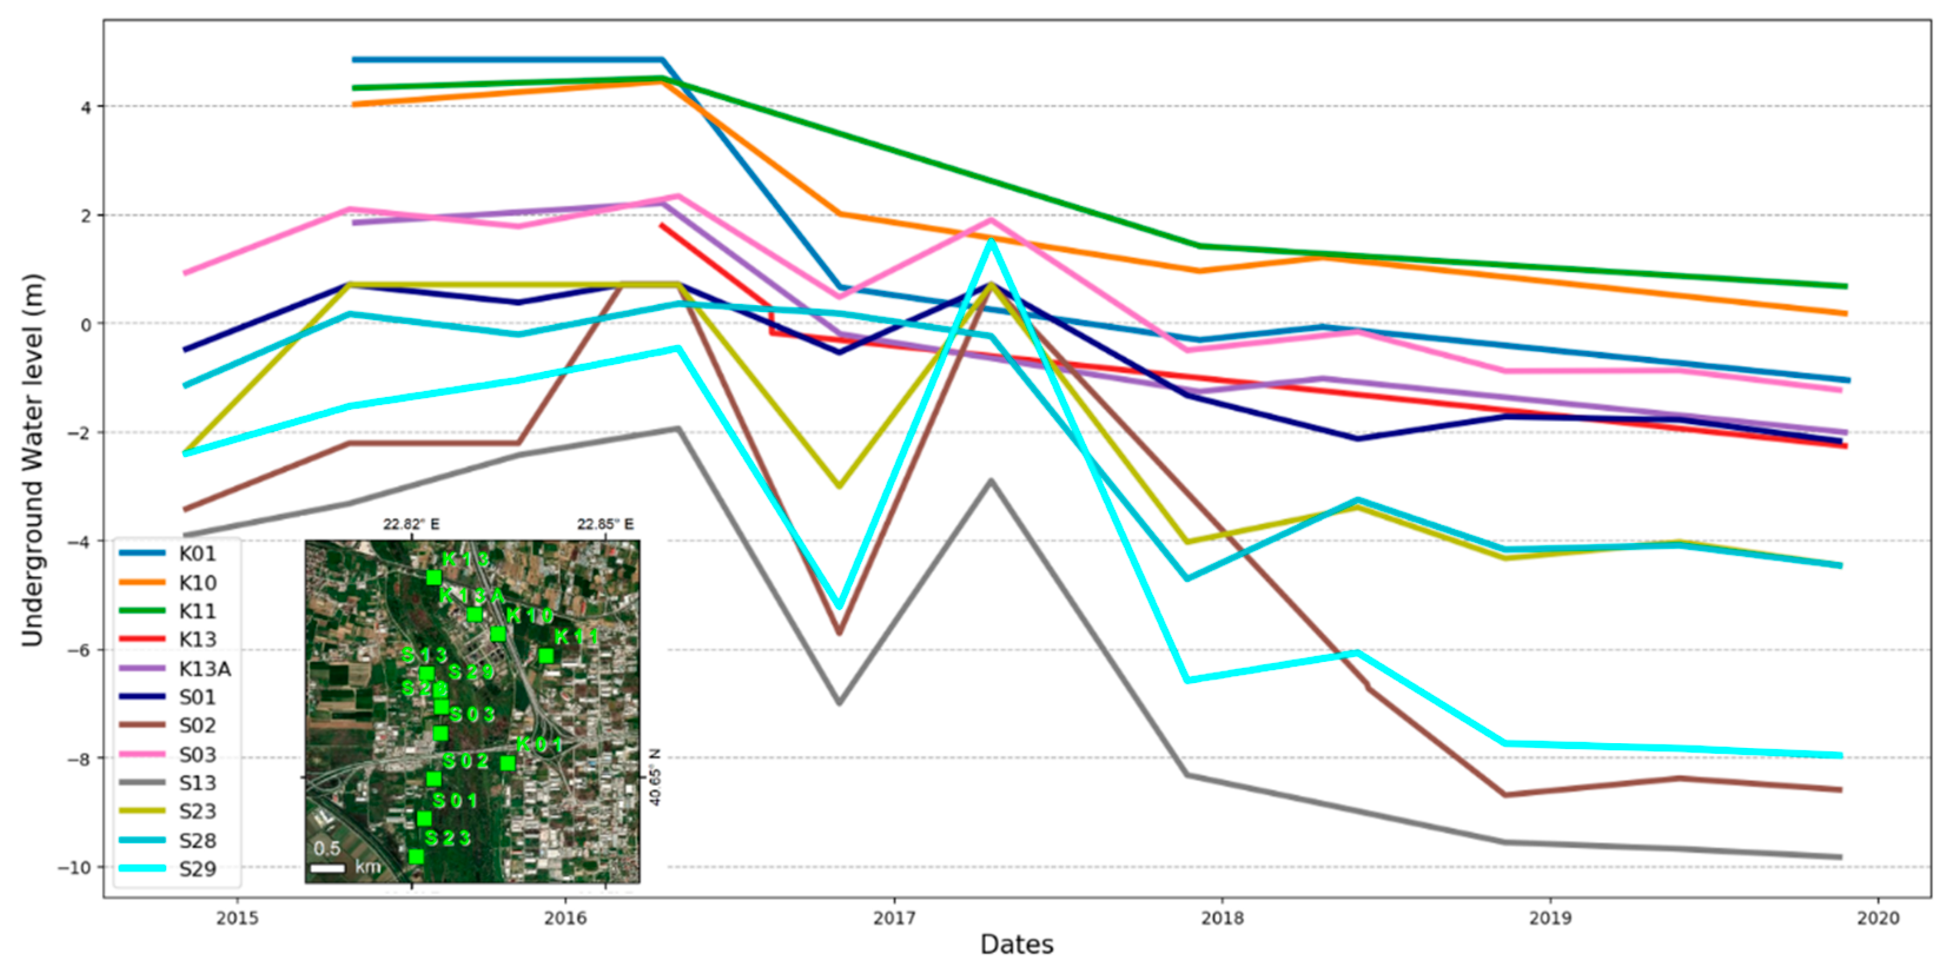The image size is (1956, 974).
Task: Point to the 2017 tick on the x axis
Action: click(x=893, y=918)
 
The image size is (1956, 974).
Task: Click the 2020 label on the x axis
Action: click(x=1878, y=918)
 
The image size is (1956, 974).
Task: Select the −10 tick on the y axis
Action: click(x=74, y=867)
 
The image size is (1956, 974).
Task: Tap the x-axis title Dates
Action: click(x=1017, y=945)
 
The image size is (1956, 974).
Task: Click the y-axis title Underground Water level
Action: click(x=32, y=459)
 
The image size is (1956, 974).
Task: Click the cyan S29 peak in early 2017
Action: click(x=991, y=241)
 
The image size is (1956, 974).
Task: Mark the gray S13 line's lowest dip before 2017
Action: click(x=839, y=702)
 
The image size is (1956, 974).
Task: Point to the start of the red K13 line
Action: click(x=662, y=226)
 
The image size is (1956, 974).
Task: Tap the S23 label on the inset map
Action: click(x=448, y=838)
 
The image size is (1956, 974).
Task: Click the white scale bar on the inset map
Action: click(x=329, y=867)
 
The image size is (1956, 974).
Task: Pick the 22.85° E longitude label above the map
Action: click(x=605, y=525)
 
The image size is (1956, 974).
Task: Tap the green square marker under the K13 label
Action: click(x=433, y=578)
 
